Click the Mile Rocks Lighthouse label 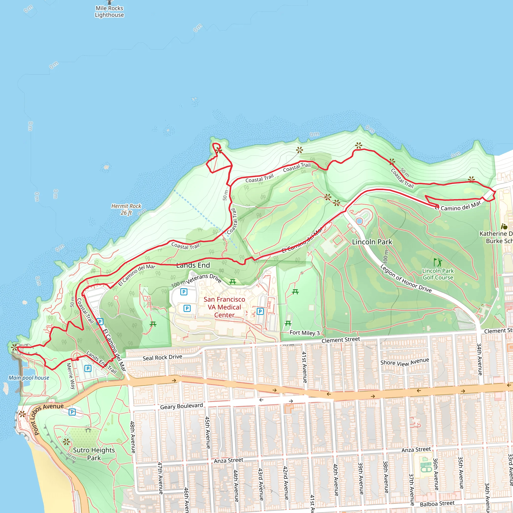click(x=109, y=12)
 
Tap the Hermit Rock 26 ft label click(x=126, y=209)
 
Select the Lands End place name click(x=193, y=265)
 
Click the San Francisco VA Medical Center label click(x=224, y=307)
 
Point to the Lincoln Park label click(x=372, y=242)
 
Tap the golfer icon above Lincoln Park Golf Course click(x=438, y=262)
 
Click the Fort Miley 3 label click(x=305, y=333)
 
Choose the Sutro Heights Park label click(x=94, y=454)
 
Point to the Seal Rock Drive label click(x=162, y=357)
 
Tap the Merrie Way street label click(x=71, y=376)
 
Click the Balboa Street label click(x=437, y=503)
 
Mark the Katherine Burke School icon click(x=504, y=226)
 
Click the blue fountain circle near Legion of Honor click(x=359, y=221)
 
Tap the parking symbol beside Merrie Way click(x=88, y=368)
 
